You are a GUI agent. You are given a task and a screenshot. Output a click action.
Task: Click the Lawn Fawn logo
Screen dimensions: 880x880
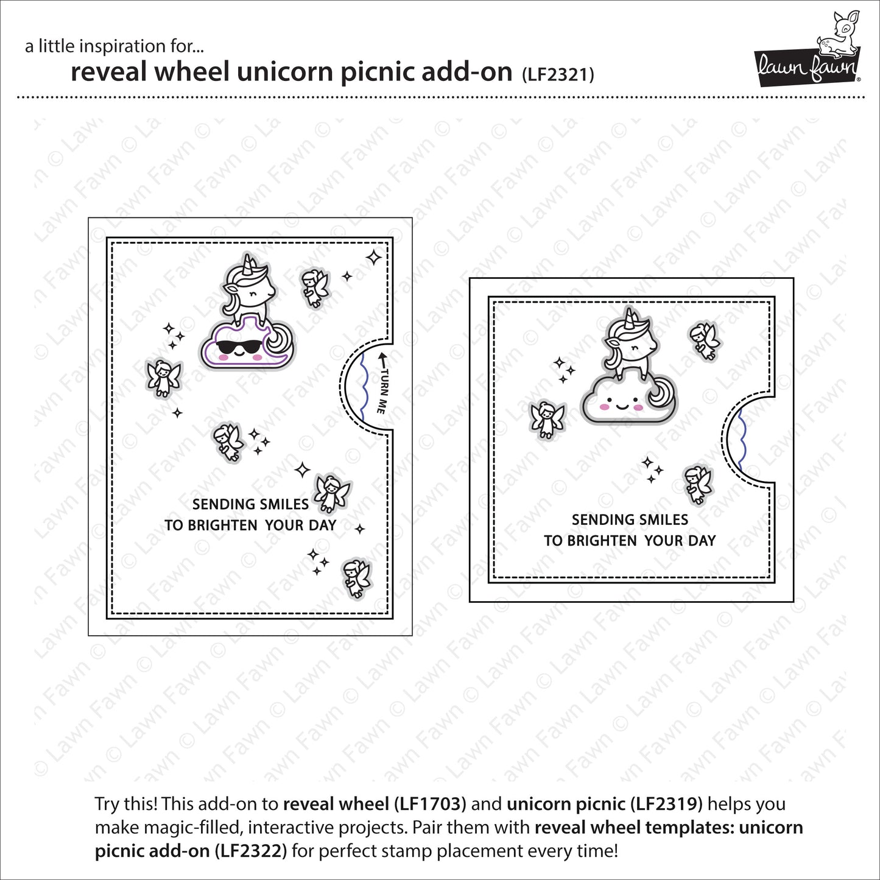tap(808, 50)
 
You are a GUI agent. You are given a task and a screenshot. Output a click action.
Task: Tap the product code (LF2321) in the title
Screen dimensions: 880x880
tap(558, 74)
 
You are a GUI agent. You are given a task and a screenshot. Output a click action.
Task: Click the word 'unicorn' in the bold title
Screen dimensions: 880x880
tap(284, 72)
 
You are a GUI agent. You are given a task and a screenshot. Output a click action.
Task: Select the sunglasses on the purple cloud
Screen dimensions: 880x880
tap(236, 348)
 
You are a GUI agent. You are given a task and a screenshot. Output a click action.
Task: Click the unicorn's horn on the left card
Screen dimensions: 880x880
tap(249, 264)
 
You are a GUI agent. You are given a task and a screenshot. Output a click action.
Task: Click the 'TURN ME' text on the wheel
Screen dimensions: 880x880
tap(383, 386)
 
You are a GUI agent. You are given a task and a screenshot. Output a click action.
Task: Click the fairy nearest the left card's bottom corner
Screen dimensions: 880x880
tap(357, 578)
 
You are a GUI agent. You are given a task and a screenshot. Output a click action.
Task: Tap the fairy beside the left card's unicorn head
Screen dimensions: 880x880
tap(315, 287)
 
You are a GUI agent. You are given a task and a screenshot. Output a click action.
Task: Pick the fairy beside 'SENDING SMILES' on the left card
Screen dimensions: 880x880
tap(331, 494)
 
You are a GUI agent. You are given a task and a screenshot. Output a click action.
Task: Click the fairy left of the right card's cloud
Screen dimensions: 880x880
tap(547, 420)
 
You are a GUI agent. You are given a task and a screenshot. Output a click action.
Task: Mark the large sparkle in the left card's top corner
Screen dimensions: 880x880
tap(373, 258)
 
